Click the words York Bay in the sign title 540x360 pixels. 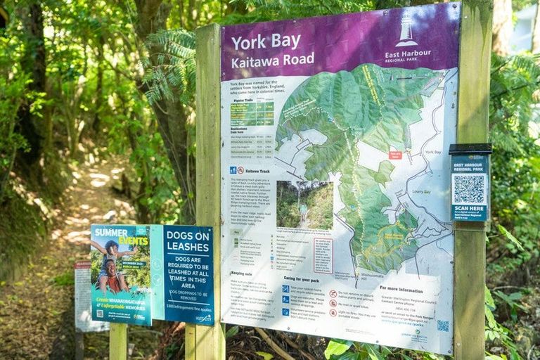pyautogui.click(x=266, y=42)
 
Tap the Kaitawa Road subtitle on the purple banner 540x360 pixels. pyautogui.click(x=274, y=60)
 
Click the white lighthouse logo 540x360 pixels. pyautogui.click(x=406, y=29)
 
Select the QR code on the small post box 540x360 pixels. pyautogui.click(x=468, y=188)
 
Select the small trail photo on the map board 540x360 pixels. pyautogui.click(x=304, y=205)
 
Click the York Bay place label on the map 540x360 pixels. pyautogui.click(x=433, y=152)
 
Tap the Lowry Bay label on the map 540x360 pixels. pyautogui.click(x=422, y=191)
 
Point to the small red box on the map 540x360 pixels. pyautogui.click(x=395, y=155)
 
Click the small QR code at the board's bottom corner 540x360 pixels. pyautogui.click(x=442, y=326)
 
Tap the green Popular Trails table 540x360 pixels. pyautogui.click(x=252, y=111)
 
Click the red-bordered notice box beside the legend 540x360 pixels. pyautogui.click(x=323, y=255)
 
